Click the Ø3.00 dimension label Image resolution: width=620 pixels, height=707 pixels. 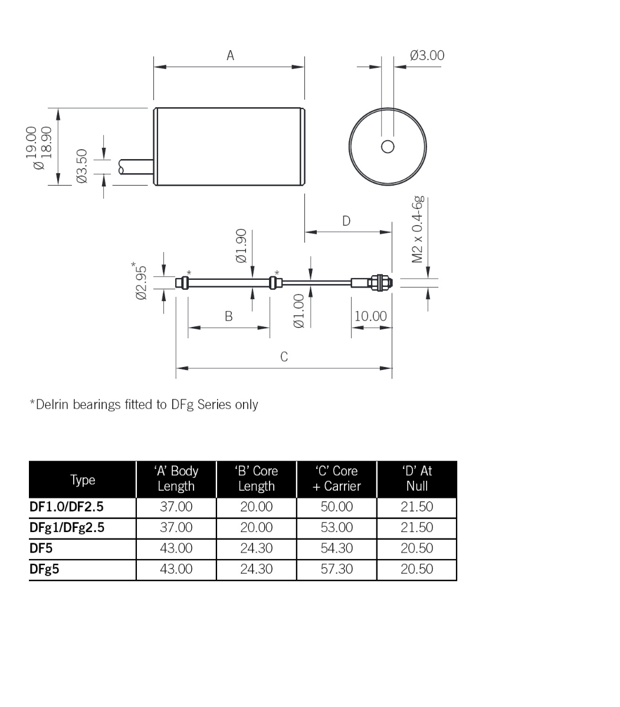click(427, 55)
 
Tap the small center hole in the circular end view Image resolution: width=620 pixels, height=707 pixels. click(388, 147)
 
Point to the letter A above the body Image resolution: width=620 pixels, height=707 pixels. click(230, 55)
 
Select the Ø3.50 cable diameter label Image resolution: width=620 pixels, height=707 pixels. click(82, 166)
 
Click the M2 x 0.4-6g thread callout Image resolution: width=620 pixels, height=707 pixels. click(418, 229)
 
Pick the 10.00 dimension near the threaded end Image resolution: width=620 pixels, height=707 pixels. click(370, 316)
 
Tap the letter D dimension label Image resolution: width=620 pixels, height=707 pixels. click(346, 221)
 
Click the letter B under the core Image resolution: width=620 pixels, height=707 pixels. click(228, 316)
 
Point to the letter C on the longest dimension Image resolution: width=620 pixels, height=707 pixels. click(284, 356)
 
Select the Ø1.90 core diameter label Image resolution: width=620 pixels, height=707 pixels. click(241, 246)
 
